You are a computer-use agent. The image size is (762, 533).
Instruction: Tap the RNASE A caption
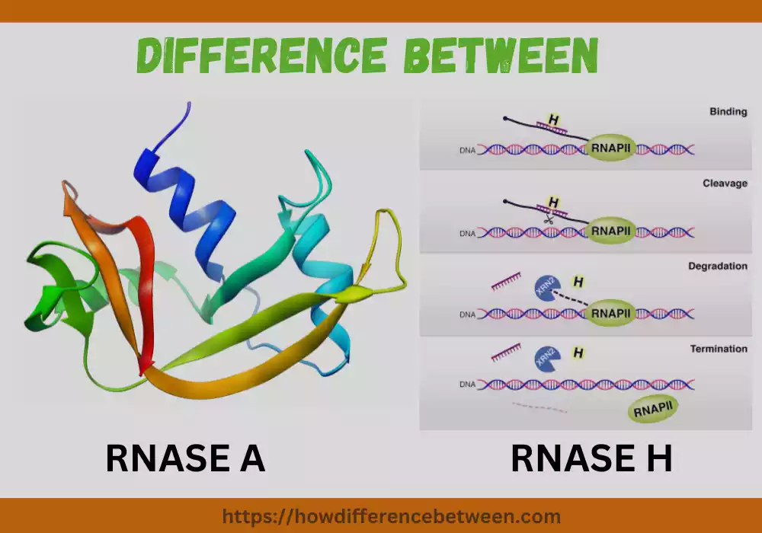click(185, 458)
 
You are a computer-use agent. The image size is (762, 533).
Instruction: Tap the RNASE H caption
click(591, 458)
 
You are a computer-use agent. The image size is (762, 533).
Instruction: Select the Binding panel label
click(728, 112)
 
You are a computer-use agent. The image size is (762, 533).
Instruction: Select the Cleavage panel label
click(725, 184)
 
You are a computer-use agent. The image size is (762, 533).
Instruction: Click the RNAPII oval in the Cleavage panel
click(610, 230)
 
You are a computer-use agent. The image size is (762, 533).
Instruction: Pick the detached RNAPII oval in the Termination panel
click(652, 412)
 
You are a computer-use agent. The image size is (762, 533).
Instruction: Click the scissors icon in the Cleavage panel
click(547, 219)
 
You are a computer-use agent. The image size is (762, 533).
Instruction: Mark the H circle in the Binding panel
click(553, 120)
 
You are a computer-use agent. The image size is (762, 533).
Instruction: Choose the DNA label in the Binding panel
click(467, 150)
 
